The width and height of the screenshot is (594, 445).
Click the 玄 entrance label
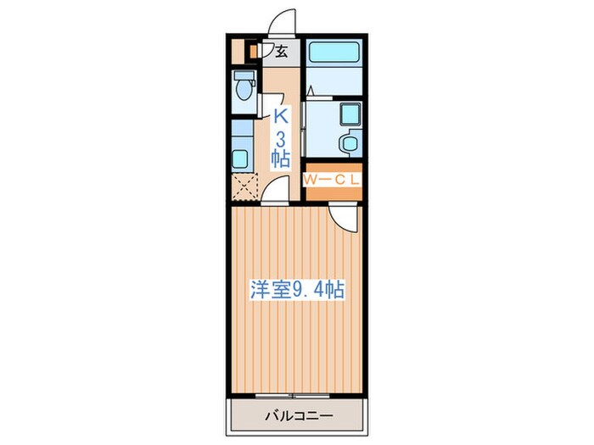click(280, 51)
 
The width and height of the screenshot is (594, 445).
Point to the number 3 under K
click(281, 137)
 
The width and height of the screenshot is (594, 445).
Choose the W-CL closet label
click(333, 179)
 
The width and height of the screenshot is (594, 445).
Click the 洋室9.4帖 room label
click(295, 289)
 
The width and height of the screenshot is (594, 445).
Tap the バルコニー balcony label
click(296, 416)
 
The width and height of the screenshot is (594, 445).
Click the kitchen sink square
click(240, 158)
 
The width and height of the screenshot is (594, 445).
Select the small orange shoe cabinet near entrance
click(251, 50)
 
